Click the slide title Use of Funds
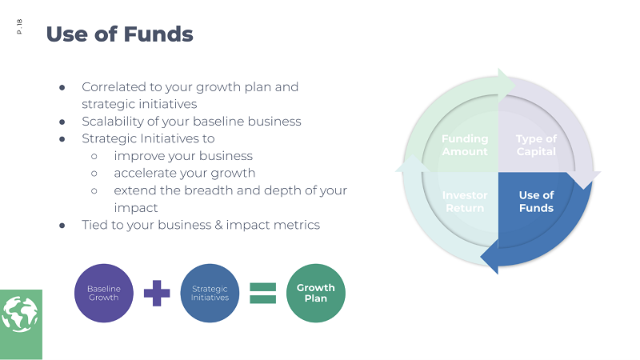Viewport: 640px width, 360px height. (119, 34)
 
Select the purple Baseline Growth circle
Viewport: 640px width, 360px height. (103, 293)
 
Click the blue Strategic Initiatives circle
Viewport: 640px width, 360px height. (210, 293)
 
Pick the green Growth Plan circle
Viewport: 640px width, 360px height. (315, 293)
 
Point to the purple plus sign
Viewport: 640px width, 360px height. (157, 293)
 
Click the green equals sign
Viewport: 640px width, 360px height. (262, 293)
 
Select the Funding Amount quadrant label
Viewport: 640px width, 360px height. (465, 145)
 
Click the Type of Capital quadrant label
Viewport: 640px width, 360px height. (536, 145)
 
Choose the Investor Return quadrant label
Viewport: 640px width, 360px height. (465, 202)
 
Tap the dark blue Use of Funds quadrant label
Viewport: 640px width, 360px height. (536, 202)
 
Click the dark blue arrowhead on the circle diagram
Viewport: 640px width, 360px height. (489, 256)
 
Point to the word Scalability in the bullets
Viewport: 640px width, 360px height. (110, 122)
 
